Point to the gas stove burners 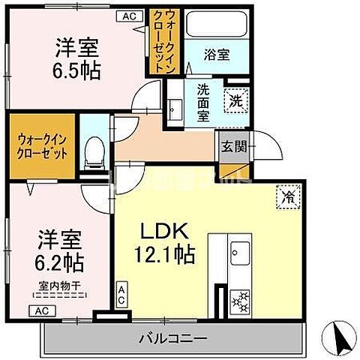pos(242,302)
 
